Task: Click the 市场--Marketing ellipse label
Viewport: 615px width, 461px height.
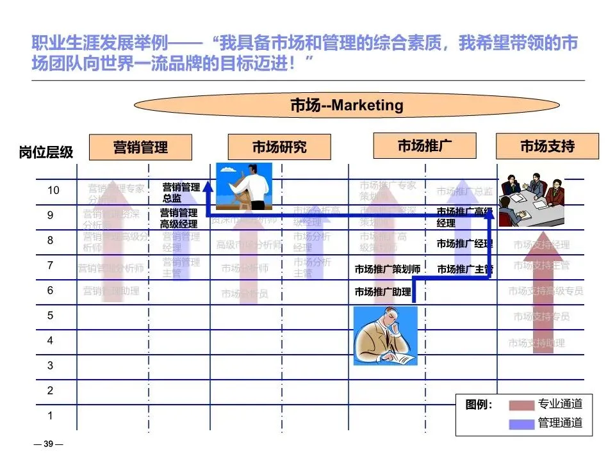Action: (347, 105)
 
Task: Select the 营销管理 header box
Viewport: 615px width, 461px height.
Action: (140, 147)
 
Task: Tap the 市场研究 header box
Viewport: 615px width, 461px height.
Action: (279, 147)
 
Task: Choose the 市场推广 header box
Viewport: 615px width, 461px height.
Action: (424, 145)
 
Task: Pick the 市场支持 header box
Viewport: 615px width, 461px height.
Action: (547, 146)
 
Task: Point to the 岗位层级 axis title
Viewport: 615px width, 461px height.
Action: (46, 152)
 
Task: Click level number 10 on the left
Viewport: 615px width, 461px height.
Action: (53, 190)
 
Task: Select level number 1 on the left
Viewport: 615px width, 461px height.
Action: (50, 416)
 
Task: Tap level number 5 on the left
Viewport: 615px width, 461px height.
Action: (50, 315)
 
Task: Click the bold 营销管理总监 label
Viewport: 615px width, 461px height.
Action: (181, 193)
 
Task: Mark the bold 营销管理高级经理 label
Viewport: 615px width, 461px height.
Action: (179, 218)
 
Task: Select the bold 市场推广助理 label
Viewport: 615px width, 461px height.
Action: (383, 292)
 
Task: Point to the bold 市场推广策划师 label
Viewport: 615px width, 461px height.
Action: (388, 270)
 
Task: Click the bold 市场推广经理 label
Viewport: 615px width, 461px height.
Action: (464, 244)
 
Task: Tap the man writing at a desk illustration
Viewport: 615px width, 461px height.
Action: (386, 336)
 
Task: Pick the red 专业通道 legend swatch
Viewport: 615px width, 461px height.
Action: (521, 405)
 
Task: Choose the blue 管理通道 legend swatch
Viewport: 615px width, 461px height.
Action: (521, 423)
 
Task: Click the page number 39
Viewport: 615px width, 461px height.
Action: (48, 444)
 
